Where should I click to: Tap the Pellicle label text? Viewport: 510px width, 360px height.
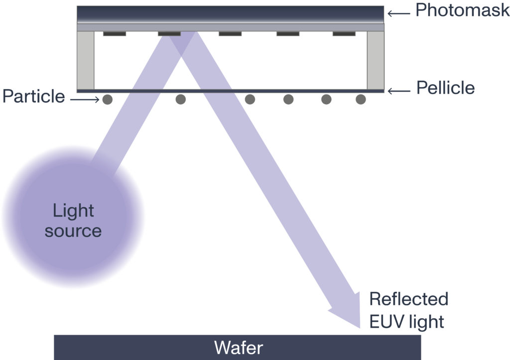(x=445, y=89)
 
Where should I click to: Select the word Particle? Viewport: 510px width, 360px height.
(x=33, y=97)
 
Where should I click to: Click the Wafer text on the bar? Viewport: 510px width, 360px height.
(x=238, y=347)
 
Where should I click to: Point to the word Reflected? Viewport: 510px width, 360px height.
(x=408, y=299)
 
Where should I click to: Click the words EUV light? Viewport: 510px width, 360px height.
(x=406, y=322)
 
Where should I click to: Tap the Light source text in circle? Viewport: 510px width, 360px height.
(x=73, y=221)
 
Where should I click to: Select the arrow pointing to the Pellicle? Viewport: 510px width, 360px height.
(x=398, y=91)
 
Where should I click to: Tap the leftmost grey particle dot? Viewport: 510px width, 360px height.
(x=108, y=100)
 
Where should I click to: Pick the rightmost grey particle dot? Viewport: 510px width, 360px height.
(x=361, y=100)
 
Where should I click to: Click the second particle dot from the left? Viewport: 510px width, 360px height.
(x=181, y=100)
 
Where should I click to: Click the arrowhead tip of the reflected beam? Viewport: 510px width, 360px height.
(x=360, y=328)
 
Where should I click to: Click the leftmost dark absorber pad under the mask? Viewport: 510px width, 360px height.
(x=114, y=34)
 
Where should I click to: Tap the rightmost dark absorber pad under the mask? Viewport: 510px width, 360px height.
(x=344, y=34)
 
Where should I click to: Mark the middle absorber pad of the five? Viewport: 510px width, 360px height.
(x=230, y=34)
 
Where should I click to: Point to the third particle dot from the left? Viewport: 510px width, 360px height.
(x=250, y=100)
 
